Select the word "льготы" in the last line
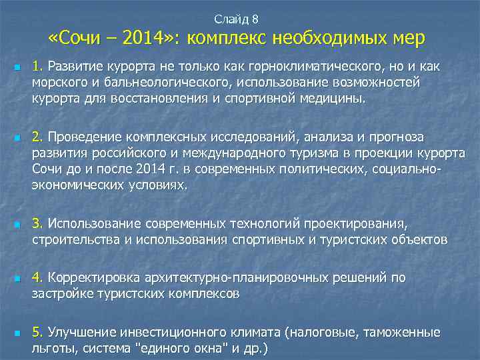(52, 347)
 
